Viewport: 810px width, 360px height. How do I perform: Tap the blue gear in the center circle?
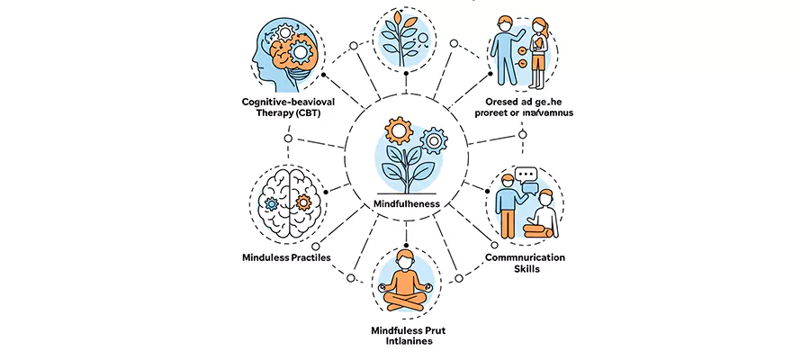(x=435, y=139)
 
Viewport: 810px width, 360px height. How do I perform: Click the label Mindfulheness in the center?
(x=406, y=204)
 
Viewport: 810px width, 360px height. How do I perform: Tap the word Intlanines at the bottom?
(x=406, y=343)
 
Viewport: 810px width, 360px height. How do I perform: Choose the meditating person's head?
(x=406, y=264)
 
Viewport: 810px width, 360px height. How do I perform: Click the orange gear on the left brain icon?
(x=302, y=202)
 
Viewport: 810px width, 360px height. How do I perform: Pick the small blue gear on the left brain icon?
(x=273, y=203)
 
